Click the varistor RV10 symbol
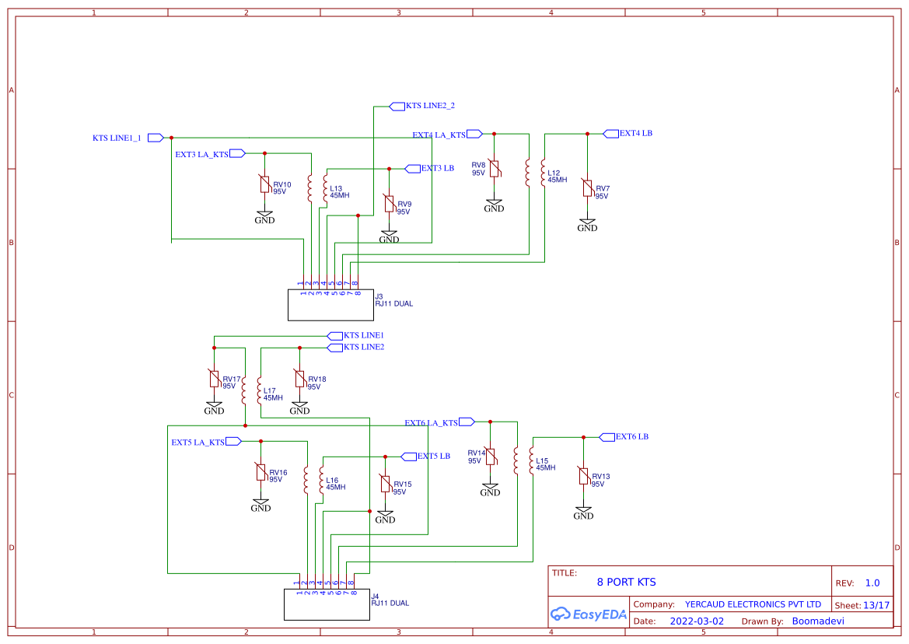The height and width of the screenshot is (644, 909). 264,184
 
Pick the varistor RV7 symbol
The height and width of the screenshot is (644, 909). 588,189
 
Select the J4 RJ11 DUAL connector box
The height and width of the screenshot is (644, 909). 327,604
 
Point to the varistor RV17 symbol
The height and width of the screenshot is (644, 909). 214,379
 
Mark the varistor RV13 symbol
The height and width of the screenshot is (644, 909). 583,477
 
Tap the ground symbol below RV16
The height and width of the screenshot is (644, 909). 260,506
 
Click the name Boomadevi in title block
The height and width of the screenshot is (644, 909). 817,621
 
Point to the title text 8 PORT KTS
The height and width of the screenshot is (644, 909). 626,582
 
